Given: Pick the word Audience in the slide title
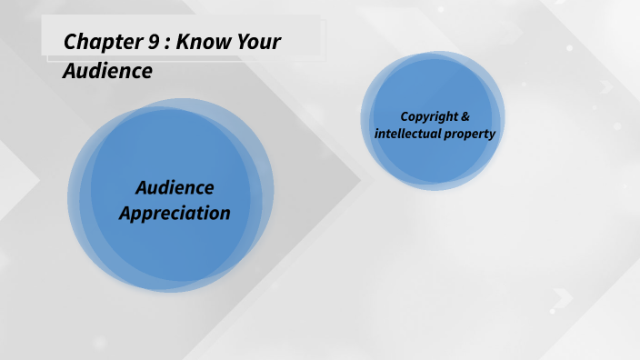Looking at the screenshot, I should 106,71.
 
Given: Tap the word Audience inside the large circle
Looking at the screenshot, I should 175,188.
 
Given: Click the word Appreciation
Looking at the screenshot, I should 175,214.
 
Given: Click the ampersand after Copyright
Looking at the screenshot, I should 466,116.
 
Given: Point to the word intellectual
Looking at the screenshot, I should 407,134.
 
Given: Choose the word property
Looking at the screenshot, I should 469,135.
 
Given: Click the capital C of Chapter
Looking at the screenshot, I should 70,42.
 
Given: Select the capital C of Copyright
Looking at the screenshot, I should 405,116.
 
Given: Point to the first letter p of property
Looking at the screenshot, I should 447,135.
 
